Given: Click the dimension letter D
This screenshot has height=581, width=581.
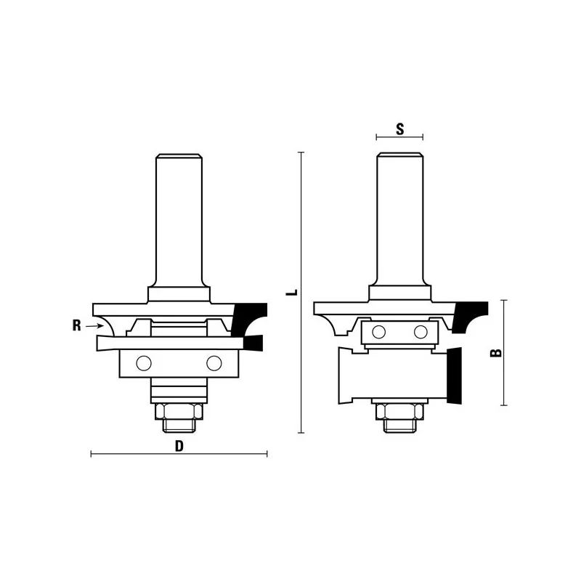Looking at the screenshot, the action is tap(179, 446).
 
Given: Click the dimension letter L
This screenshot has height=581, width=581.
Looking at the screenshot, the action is tap(293, 292).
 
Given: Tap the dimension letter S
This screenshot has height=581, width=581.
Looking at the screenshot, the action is tap(400, 129).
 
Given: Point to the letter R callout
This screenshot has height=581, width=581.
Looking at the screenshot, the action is tap(76, 325).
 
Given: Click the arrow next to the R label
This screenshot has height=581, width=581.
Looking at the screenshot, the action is tap(95, 325).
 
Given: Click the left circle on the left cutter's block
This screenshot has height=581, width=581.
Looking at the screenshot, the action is tap(144, 363).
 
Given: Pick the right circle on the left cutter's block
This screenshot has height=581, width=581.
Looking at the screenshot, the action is tap(214, 363).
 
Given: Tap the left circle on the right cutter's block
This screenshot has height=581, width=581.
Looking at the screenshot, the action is tap(378, 332).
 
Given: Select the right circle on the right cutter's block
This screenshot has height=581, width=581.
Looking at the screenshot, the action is tap(420, 332).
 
